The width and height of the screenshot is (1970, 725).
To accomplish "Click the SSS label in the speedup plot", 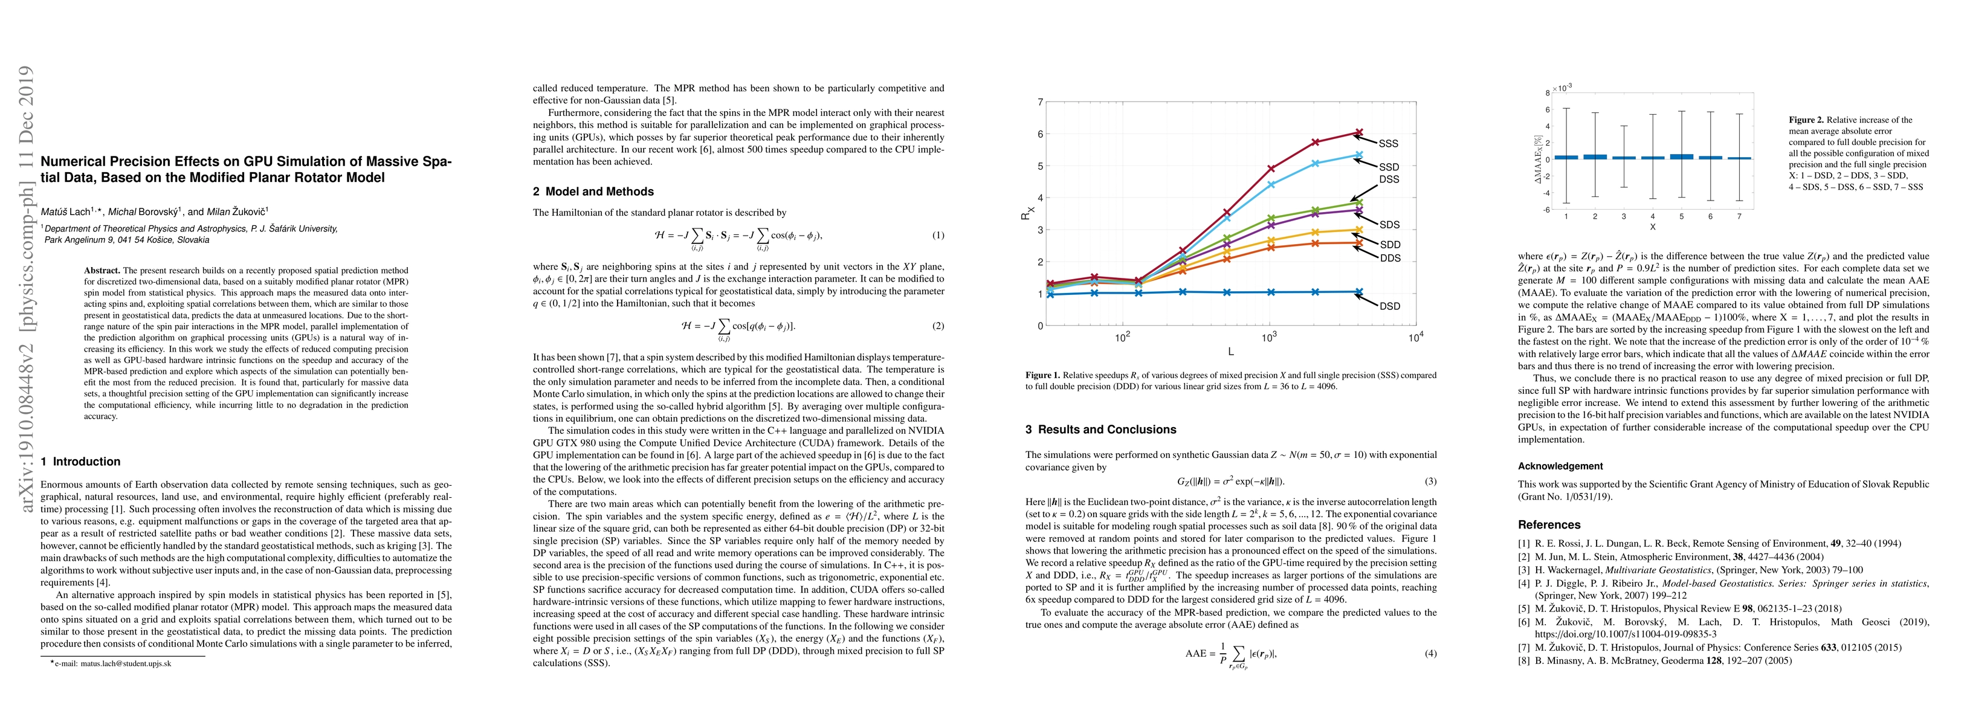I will pyautogui.click(x=1388, y=144).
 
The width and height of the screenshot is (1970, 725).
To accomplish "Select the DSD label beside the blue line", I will pyautogui.click(x=1389, y=306).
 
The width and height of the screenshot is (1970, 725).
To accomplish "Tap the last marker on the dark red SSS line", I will pyautogui.click(x=1358, y=132).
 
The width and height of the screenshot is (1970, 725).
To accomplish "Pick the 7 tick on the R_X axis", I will pyautogui.click(x=1039, y=101).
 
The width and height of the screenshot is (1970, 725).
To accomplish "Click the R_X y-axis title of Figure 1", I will pyautogui.click(x=1025, y=213).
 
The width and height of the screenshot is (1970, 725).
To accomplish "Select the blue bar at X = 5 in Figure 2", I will pyautogui.click(x=1681, y=156).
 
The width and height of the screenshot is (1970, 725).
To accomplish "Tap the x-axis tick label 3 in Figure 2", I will pyautogui.click(x=1624, y=216).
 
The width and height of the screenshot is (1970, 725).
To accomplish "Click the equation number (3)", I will pyautogui.click(x=1430, y=482).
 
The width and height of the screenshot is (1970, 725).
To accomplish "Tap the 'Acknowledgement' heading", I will pyautogui.click(x=1560, y=466).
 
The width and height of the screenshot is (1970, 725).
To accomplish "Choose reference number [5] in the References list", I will pyautogui.click(x=1524, y=610).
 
